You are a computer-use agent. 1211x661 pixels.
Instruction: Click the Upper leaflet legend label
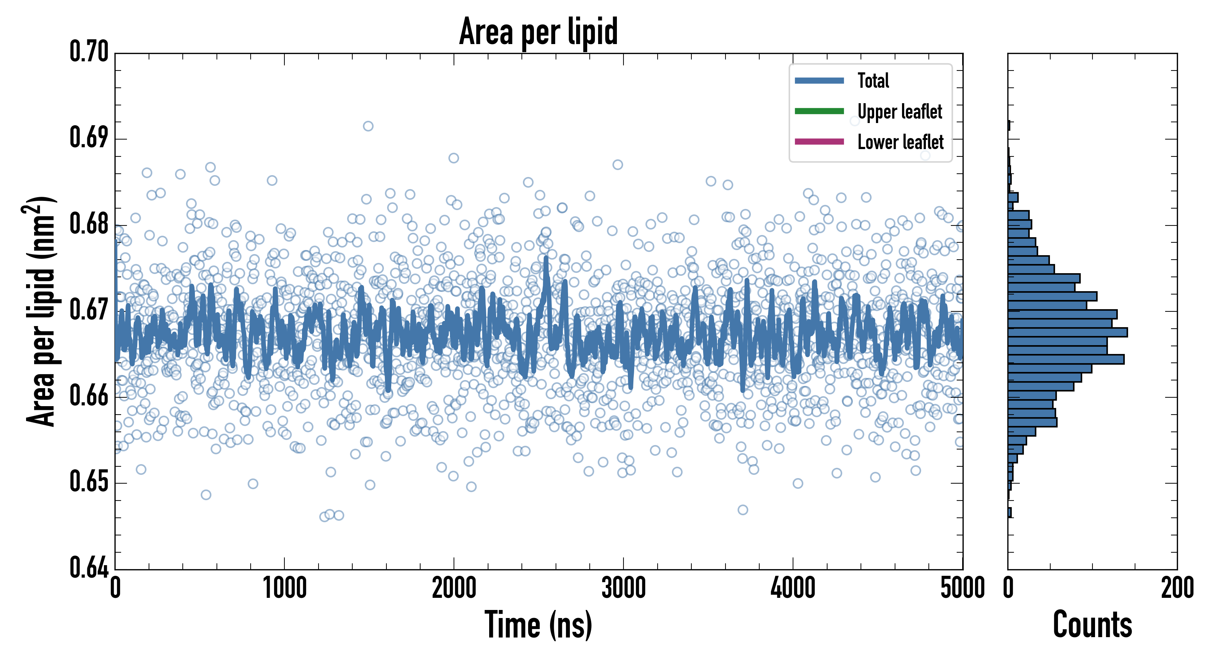[x=899, y=112]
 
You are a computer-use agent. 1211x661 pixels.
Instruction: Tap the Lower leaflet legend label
[x=900, y=142]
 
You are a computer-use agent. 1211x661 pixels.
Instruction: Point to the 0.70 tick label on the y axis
[x=89, y=52]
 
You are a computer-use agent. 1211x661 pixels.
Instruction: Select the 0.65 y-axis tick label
[x=89, y=482]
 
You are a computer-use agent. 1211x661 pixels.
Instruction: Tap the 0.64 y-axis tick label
[x=89, y=567]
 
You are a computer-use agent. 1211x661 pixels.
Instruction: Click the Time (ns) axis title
[x=538, y=625]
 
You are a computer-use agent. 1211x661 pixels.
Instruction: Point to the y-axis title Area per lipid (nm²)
[x=40, y=311]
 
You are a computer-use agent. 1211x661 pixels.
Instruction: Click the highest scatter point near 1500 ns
[x=368, y=126]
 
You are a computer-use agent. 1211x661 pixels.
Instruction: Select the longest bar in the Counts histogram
[x=1067, y=332]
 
